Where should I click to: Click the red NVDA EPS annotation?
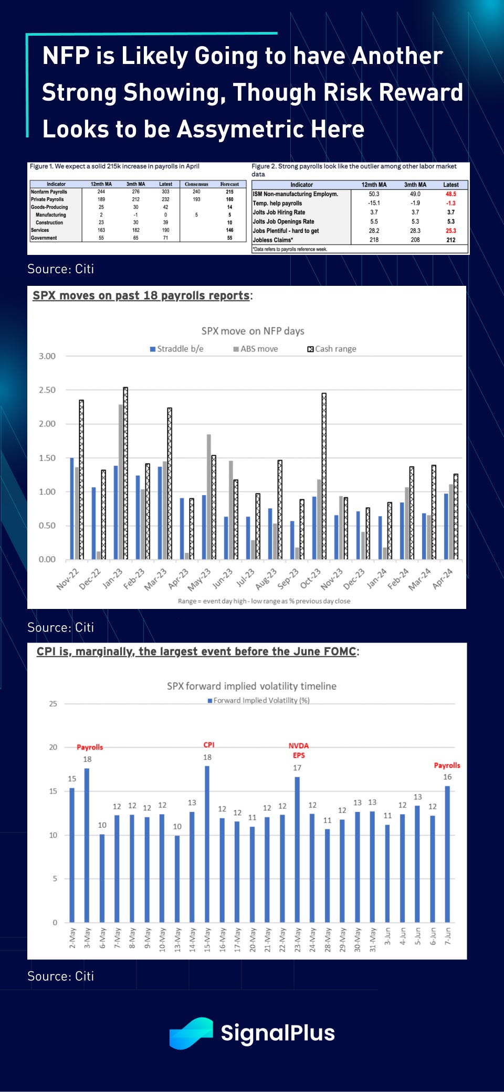click(x=299, y=750)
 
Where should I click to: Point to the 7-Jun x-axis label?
click(x=447, y=936)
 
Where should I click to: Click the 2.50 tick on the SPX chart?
click(x=47, y=390)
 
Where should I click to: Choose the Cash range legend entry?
click(x=332, y=349)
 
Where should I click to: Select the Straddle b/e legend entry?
click(x=177, y=349)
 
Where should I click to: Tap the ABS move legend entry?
click(x=256, y=349)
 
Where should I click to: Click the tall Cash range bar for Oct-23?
click(x=324, y=476)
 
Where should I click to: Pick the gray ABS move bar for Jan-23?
click(x=121, y=481)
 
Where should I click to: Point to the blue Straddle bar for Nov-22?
click(x=72, y=508)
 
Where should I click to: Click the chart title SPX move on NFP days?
click(x=253, y=331)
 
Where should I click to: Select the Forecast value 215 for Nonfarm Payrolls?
click(x=229, y=192)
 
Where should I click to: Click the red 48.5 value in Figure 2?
click(x=450, y=194)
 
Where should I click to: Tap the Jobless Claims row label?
click(x=273, y=240)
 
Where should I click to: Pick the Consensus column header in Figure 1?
click(x=196, y=184)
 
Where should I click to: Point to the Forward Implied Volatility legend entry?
click(x=259, y=700)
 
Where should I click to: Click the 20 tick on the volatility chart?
click(x=53, y=747)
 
